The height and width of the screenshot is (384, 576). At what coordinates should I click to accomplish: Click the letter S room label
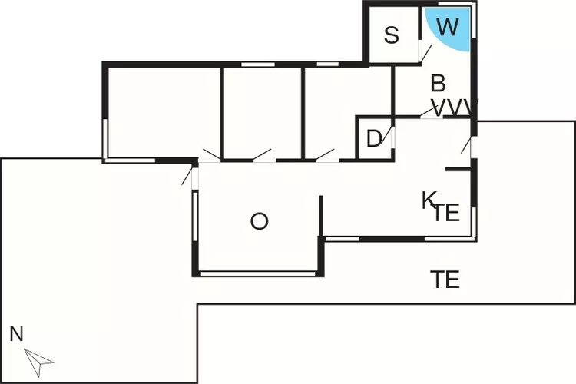(x=391, y=35)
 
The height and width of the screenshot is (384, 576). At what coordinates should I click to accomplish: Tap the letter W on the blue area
(x=449, y=27)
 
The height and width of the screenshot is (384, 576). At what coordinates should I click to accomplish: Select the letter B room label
(x=439, y=84)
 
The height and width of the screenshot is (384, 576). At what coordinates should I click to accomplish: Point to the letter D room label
(x=374, y=139)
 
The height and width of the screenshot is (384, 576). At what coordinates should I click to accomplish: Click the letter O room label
(x=260, y=221)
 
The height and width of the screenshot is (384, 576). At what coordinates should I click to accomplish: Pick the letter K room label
(x=429, y=200)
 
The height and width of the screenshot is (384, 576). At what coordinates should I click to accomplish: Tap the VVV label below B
(x=455, y=108)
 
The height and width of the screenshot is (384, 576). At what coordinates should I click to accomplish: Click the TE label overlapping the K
(x=447, y=213)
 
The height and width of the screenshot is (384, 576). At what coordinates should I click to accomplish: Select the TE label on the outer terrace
(x=445, y=280)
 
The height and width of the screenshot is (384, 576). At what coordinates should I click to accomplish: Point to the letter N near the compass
(x=17, y=334)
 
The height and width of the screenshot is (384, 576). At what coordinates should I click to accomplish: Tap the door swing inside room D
(x=387, y=135)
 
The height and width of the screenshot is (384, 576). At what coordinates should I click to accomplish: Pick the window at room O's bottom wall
(x=258, y=273)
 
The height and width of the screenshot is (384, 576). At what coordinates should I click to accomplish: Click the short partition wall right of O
(x=321, y=216)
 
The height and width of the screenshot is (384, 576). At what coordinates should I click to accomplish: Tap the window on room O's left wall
(x=195, y=216)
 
